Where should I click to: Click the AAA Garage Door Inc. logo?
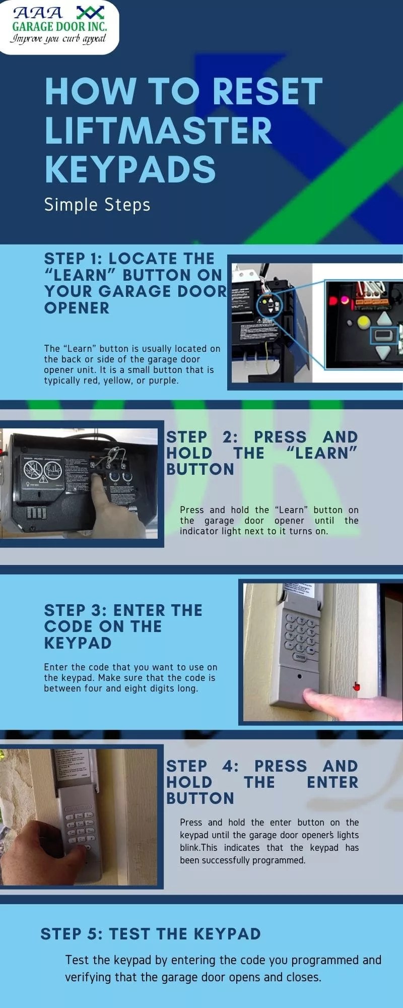[x=59, y=25]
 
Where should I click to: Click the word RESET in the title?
[x=267, y=92]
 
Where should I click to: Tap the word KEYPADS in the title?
[x=130, y=169]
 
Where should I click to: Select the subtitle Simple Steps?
[x=97, y=205]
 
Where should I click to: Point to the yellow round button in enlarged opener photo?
[x=363, y=321]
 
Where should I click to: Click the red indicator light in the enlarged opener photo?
[x=333, y=301]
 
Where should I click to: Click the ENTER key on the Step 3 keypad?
[x=300, y=657]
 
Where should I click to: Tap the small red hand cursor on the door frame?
[x=357, y=686]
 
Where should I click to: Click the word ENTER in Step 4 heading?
[x=332, y=782]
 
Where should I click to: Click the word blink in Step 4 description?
[x=190, y=847]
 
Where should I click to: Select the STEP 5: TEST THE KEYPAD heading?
[x=150, y=934]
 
